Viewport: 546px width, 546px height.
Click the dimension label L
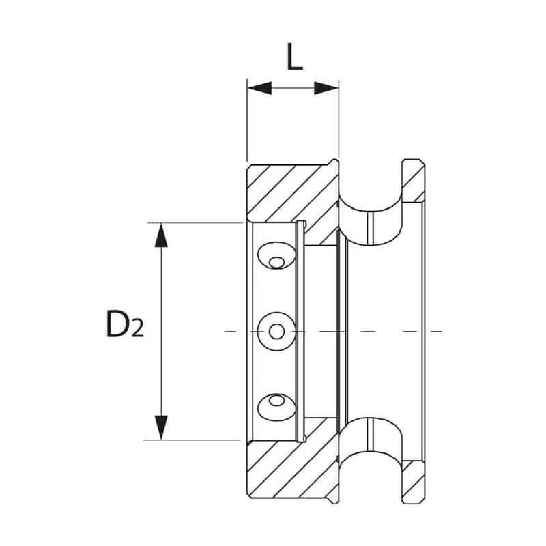click(x=294, y=59)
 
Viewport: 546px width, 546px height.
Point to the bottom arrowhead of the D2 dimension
click(x=160, y=427)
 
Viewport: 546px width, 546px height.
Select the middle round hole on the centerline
click(x=276, y=331)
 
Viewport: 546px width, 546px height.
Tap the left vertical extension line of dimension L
click(x=247, y=123)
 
